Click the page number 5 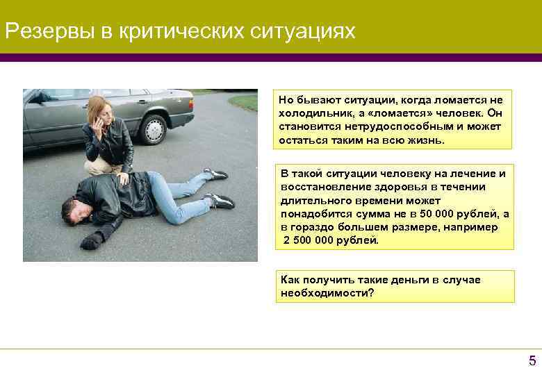532,360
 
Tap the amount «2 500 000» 311,240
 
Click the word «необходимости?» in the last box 327,292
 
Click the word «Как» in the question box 290,279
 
